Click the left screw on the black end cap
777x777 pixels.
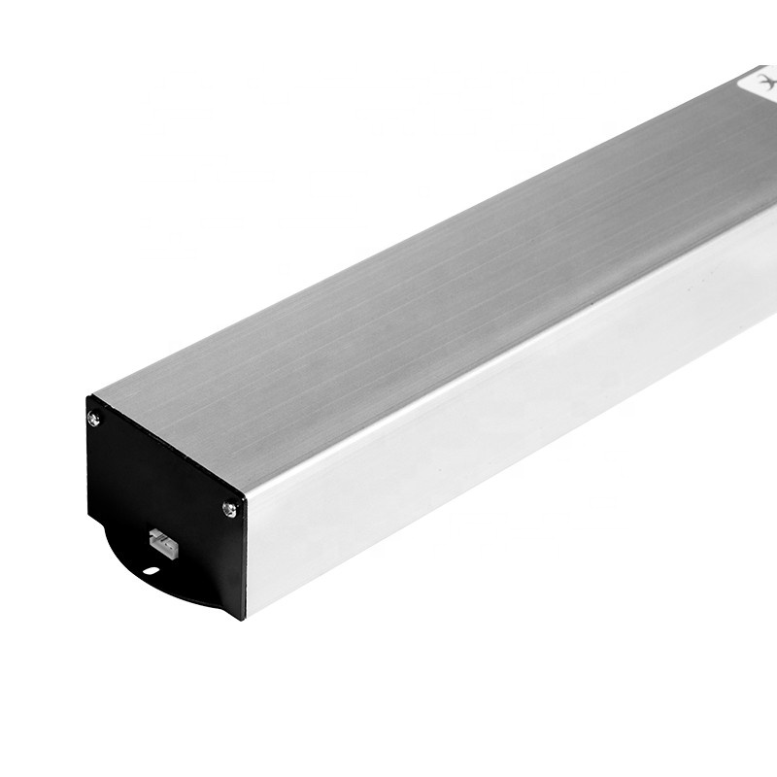(x=93, y=419)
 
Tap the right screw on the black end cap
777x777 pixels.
(x=229, y=507)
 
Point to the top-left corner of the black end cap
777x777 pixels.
(x=88, y=397)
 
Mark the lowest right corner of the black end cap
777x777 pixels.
(x=243, y=616)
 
